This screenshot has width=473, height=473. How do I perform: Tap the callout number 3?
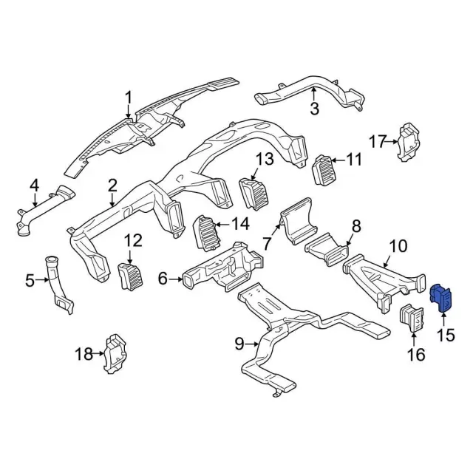point(313,109)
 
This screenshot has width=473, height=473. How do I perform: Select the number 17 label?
point(378,141)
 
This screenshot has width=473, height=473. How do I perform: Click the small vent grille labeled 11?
point(325,171)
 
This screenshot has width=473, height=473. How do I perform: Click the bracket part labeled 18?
point(113,353)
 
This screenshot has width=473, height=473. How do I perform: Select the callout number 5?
point(30,280)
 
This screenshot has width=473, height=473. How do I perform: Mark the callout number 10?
point(398,245)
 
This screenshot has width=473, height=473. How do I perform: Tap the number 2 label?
point(112,184)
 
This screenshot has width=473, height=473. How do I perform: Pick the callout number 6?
point(163,279)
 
